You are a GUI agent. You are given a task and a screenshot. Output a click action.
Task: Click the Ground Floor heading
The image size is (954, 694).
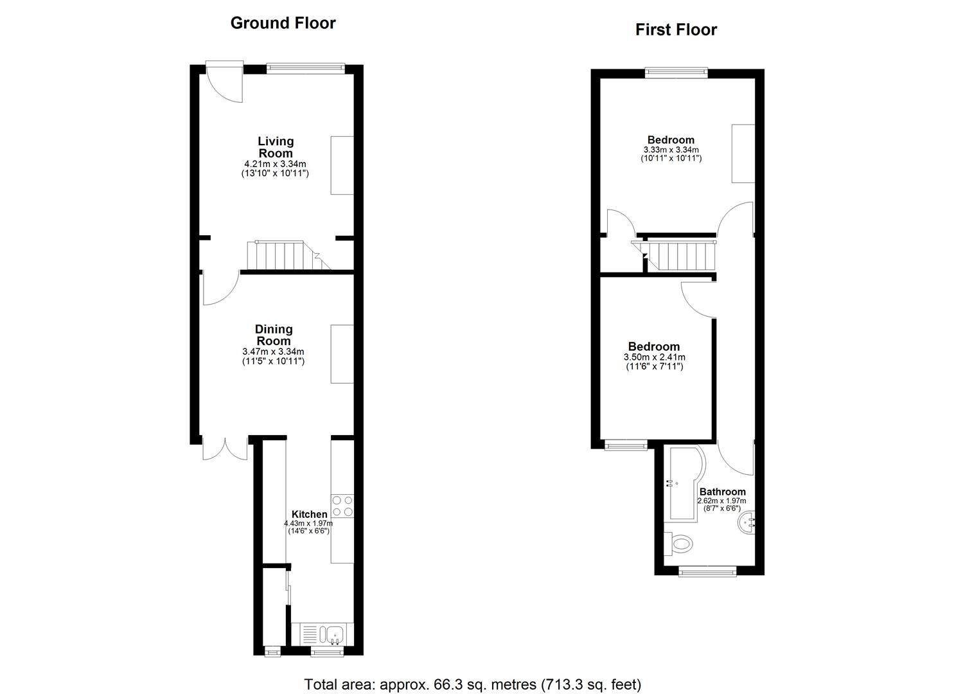(283, 23)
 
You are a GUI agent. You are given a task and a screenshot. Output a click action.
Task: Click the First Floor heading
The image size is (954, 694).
(676, 30)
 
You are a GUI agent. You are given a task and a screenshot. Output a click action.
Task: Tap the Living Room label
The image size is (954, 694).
(276, 147)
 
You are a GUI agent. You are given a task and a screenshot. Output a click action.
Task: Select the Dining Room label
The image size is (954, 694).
(274, 335)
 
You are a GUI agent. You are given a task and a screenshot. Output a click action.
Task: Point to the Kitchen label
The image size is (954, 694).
(309, 514)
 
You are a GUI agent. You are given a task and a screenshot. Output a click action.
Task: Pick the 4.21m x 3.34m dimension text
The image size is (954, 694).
(275, 164)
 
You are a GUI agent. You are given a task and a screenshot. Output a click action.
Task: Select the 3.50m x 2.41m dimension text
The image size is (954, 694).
(654, 357)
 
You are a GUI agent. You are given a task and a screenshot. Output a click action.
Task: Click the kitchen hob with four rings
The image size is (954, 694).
(342, 506)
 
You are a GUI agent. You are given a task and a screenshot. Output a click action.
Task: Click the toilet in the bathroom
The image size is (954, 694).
(678, 544)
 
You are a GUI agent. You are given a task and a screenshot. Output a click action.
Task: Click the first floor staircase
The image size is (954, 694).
(674, 255)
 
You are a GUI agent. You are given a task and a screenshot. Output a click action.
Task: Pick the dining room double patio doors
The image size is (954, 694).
(225, 448)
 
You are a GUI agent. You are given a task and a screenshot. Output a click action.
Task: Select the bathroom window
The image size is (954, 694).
(707, 571)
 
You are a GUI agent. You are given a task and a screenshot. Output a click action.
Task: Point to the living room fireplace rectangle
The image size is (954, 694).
(342, 165)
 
